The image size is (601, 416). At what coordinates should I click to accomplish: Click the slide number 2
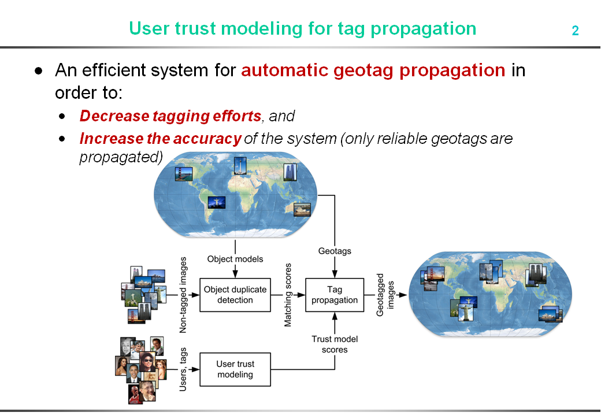tap(575, 31)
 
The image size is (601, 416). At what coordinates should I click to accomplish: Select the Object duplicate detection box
tap(235, 295)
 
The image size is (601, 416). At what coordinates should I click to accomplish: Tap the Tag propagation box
tap(335, 295)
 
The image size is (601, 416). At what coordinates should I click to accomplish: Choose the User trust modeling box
tap(235, 369)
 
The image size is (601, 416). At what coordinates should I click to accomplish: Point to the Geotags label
tap(335, 251)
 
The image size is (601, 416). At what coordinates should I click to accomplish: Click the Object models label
tap(235, 259)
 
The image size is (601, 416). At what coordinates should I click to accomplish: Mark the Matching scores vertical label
tap(288, 295)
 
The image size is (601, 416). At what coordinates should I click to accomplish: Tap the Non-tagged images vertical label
tap(183, 295)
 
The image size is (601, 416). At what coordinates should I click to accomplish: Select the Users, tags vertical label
tap(183, 369)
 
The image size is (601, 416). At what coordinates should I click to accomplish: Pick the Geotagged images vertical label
tap(385, 295)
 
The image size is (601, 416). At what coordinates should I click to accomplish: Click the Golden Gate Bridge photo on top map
tap(184, 173)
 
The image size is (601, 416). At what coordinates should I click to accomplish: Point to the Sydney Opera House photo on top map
tap(302, 210)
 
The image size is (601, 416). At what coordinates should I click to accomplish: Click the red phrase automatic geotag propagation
tap(373, 70)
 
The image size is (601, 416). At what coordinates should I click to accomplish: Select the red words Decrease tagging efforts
tap(170, 116)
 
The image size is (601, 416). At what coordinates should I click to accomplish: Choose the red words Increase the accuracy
tap(160, 139)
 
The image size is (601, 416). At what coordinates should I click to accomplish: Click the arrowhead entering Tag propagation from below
tap(335, 316)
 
